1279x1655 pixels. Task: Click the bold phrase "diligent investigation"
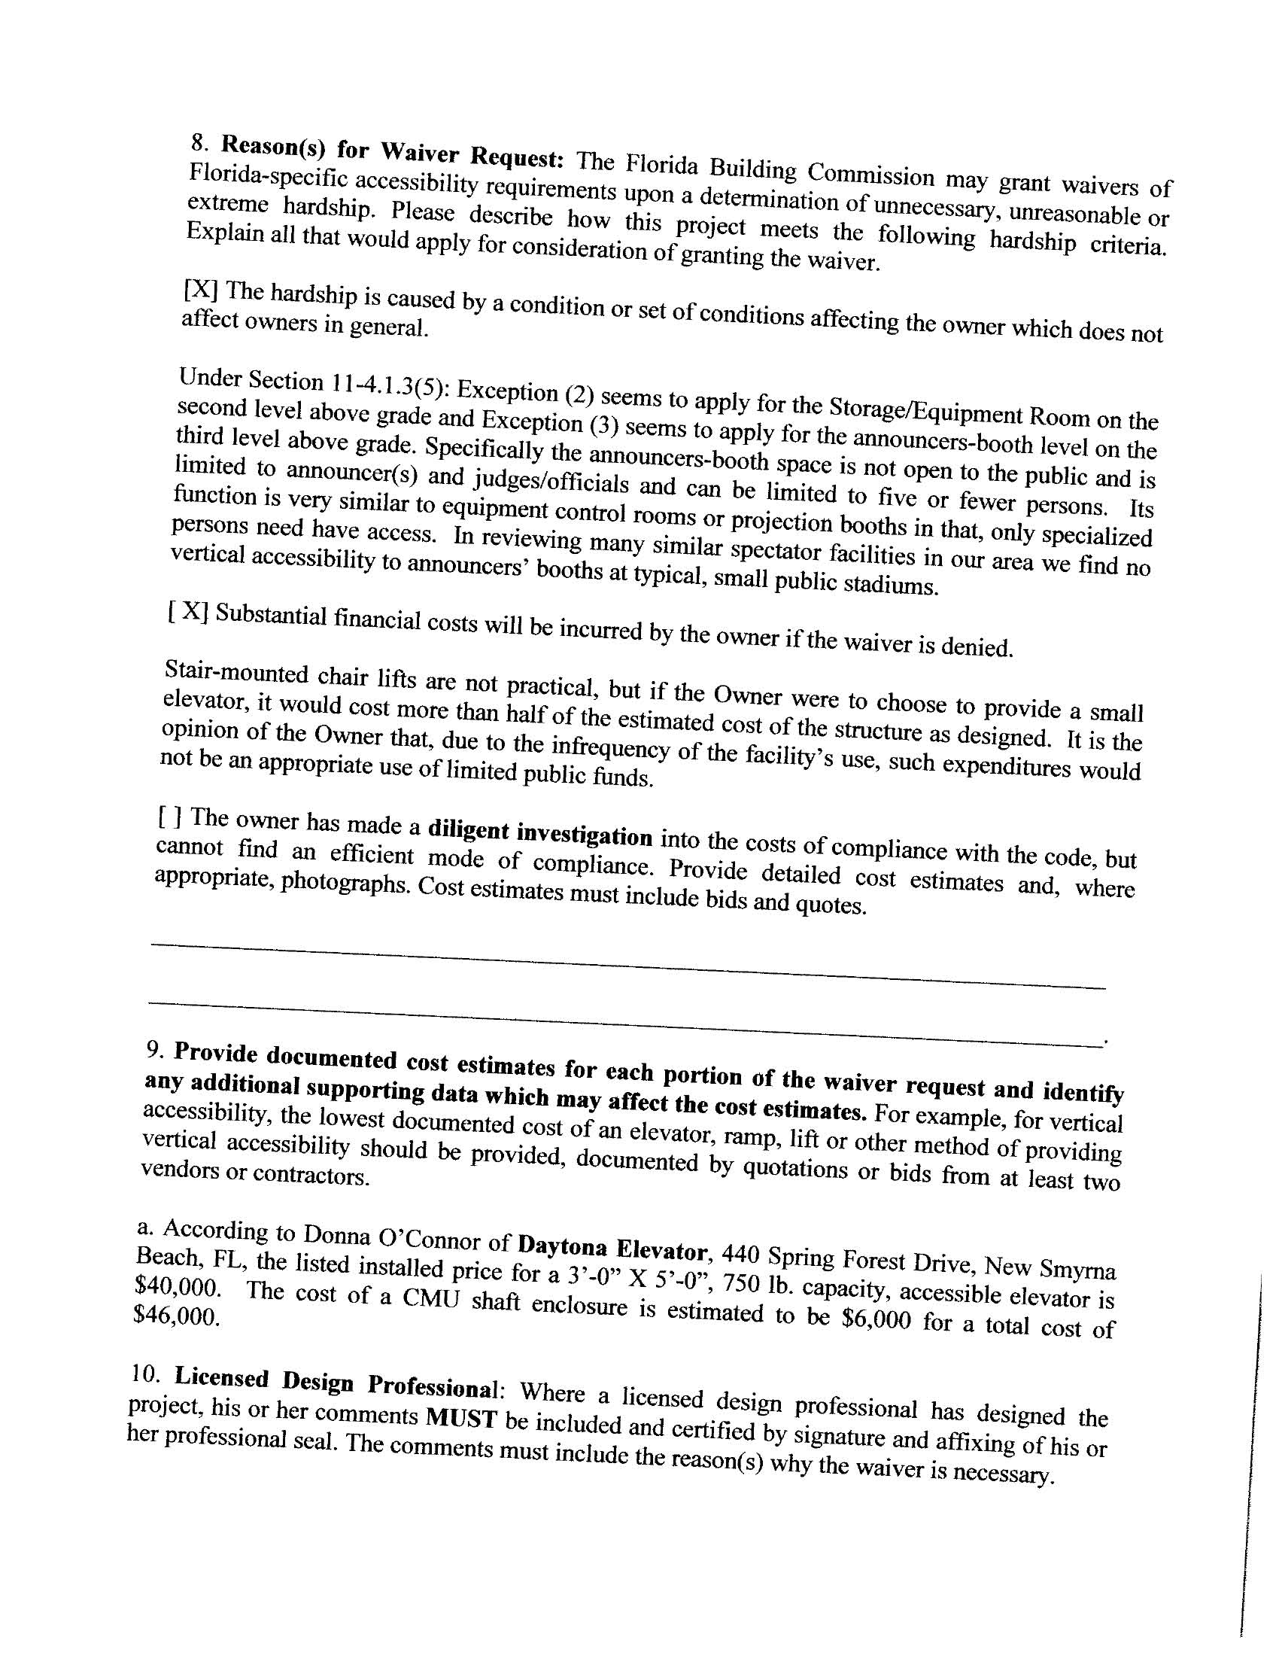[x=540, y=833]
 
